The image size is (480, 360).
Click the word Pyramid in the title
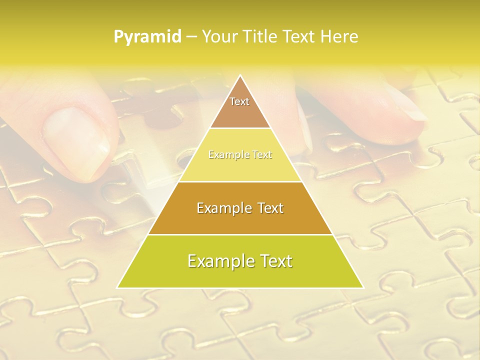(x=147, y=37)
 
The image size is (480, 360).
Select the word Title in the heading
(x=260, y=37)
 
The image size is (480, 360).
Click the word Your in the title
(x=219, y=37)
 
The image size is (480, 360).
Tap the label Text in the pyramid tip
(x=239, y=101)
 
